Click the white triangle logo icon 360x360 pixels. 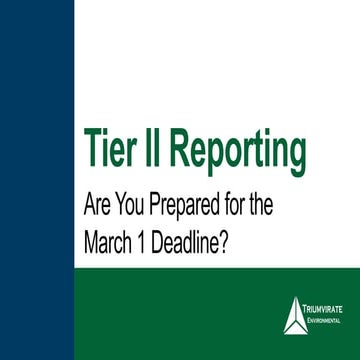click(x=294, y=314)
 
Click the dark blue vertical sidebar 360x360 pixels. click(x=36, y=180)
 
